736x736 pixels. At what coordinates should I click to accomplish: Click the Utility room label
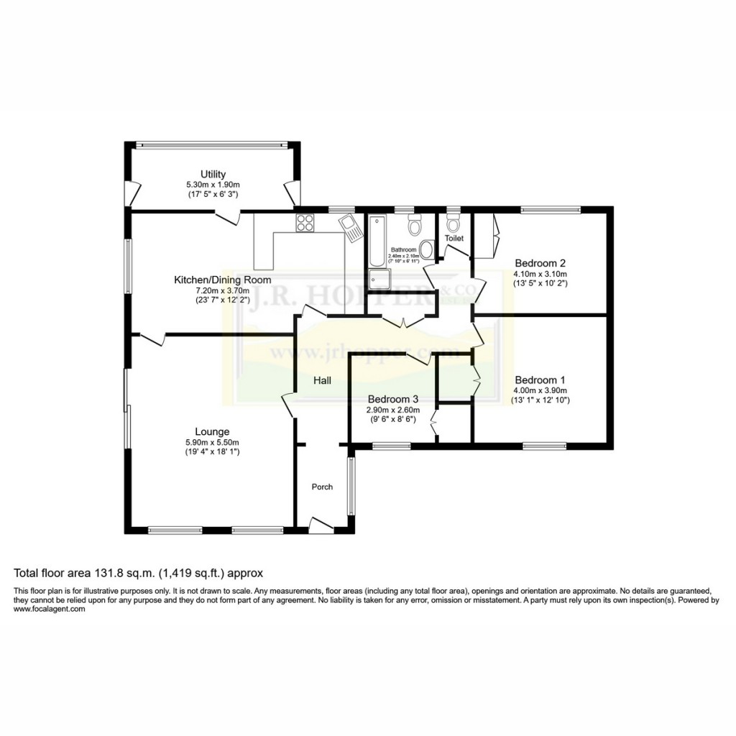[x=213, y=174]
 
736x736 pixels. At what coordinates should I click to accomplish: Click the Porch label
[x=322, y=487]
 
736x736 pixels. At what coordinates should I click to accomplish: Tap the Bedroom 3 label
[x=392, y=399]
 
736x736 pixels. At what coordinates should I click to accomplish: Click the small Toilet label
[x=454, y=238]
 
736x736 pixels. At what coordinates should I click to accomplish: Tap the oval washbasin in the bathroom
[x=427, y=250]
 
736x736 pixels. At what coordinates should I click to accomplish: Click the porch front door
[x=321, y=524]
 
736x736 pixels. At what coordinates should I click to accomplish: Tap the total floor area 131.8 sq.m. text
[x=139, y=574]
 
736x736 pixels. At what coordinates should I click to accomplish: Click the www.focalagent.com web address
[x=50, y=609]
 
